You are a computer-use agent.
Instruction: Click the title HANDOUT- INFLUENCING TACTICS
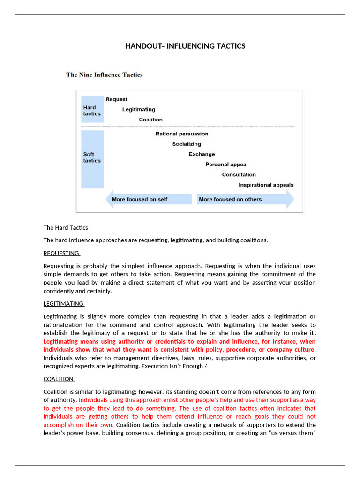185,46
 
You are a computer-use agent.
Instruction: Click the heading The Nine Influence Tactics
105,75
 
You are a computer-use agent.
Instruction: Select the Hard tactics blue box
92,111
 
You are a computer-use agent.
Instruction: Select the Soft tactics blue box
92,158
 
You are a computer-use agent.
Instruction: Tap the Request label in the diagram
116,99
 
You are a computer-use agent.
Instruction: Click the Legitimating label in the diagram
139,110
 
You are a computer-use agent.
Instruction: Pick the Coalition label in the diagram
150,120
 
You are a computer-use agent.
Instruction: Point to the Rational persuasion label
182,134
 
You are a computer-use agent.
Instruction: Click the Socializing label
187,144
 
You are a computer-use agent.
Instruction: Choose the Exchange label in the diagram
202,154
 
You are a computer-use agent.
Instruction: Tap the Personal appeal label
226,165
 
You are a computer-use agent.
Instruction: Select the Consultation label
239,175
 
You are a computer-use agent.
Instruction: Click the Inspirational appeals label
266,185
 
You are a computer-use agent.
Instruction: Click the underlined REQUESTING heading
61,253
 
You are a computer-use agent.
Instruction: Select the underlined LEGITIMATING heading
63,304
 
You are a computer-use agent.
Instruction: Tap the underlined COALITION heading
59,379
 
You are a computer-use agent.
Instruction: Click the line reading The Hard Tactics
66,228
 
